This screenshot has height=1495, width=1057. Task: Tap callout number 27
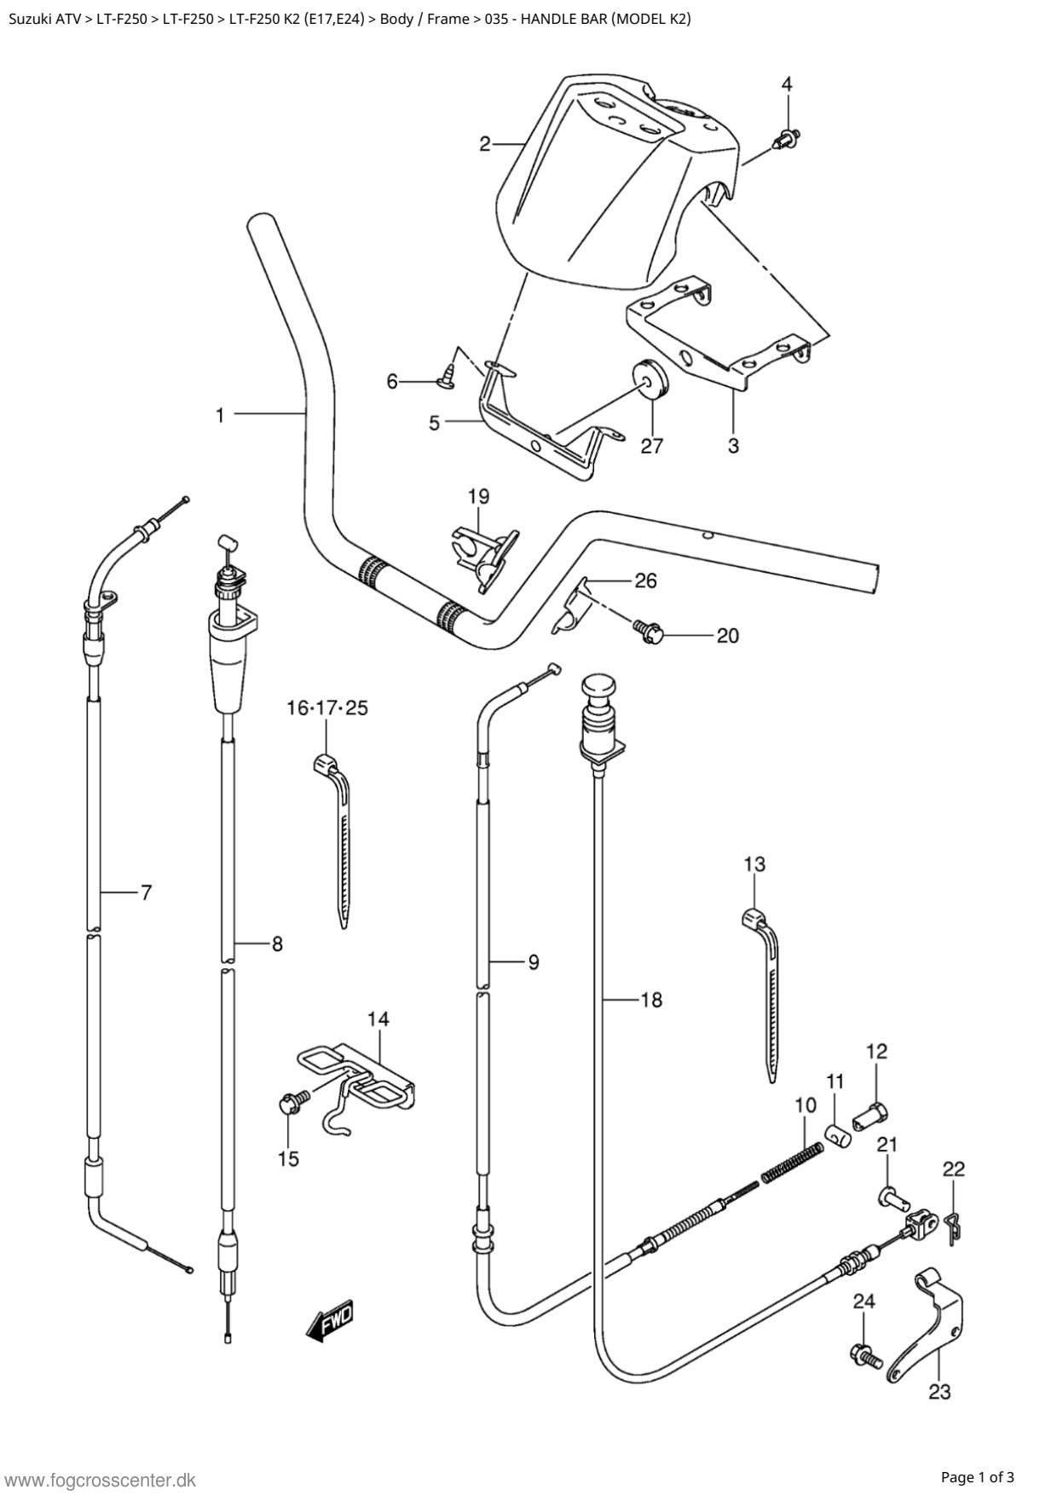651,445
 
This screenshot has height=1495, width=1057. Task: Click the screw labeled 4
787,137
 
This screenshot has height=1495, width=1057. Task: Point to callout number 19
478,495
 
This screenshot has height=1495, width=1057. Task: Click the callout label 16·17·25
327,707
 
